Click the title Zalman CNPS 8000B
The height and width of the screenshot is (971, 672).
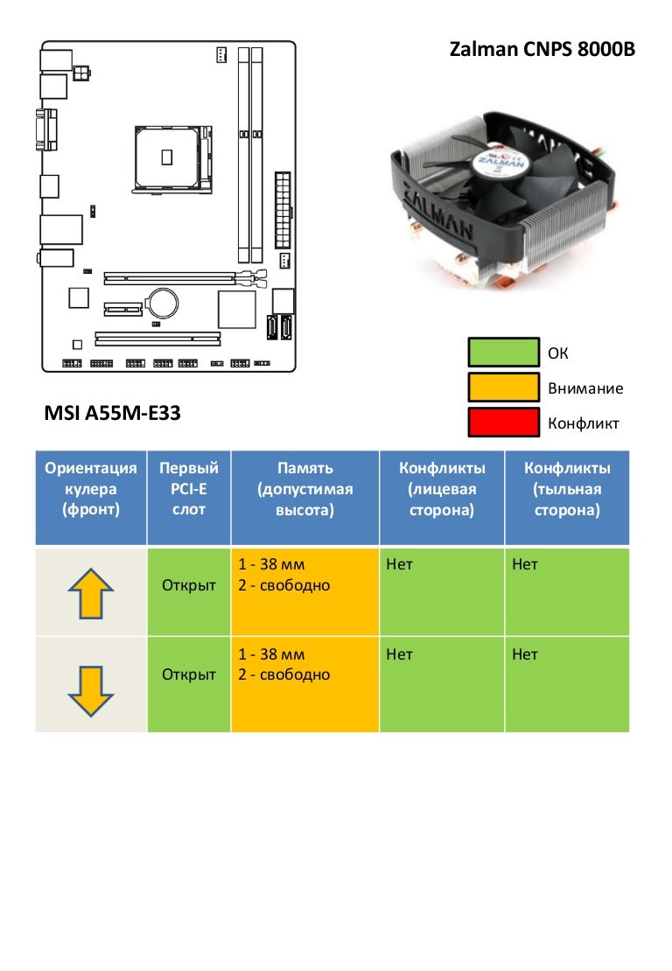[542, 50]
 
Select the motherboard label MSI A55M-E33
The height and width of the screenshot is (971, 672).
[112, 413]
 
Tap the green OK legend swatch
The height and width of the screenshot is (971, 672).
[503, 353]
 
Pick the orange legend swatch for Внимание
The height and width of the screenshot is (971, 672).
[503, 388]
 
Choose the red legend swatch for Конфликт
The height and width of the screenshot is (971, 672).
[503, 423]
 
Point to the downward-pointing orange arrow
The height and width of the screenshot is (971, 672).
[91, 689]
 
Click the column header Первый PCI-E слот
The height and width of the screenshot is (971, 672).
[189, 489]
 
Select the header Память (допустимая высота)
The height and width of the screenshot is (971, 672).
[304, 489]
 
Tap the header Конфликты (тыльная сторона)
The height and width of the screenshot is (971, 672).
[567, 489]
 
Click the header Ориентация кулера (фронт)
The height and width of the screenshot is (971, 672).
[91, 489]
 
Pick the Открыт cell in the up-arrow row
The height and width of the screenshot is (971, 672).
[189, 585]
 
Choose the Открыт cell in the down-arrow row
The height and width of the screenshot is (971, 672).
[189, 674]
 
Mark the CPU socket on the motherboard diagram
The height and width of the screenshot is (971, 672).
[172, 156]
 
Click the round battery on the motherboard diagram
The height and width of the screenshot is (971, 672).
[162, 303]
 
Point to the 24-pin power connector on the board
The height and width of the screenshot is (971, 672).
[283, 209]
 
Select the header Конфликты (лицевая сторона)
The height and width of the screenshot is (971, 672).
[442, 489]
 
